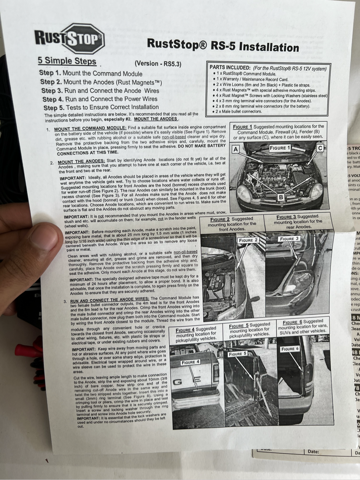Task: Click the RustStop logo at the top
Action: coord(70,38)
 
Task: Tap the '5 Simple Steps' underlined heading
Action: coord(67,61)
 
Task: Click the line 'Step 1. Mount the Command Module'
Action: coord(91,74)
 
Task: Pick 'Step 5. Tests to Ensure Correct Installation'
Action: coord(101,107)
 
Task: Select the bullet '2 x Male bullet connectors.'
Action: coord(238,111)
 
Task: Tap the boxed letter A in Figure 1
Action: coord(236,149)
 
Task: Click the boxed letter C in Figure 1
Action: coord(320,148)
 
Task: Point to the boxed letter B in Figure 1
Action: coord(280,197)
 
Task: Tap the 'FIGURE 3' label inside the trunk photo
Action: coord(289,239)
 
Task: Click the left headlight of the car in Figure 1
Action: coord(244,194)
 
